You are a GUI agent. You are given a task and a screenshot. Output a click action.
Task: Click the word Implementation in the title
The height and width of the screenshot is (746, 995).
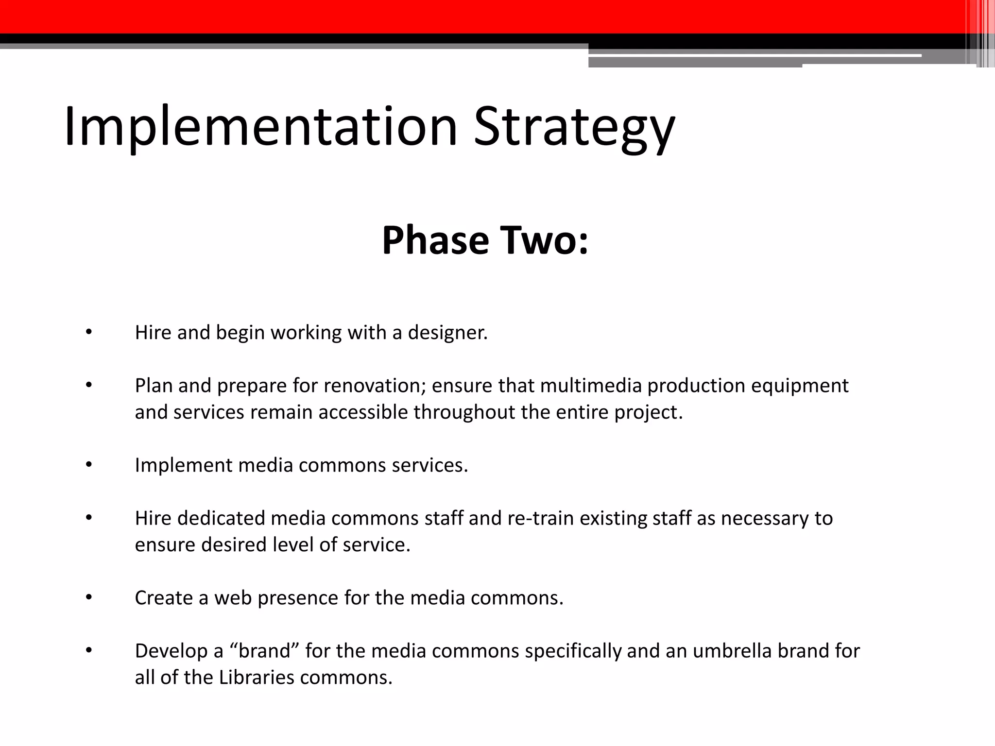(260, 127)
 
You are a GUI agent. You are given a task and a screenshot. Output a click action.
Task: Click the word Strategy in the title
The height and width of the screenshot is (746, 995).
(574, 127)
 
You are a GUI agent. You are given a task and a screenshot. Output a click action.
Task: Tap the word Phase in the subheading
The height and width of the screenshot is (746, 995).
(435, 240)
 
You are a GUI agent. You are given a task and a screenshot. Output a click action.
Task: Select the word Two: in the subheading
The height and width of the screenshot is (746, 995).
(546, 240)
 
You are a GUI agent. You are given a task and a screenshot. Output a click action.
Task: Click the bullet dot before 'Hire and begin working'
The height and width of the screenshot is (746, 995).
(88, 332)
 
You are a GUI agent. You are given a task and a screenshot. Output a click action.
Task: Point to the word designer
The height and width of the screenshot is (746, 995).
(447, 333)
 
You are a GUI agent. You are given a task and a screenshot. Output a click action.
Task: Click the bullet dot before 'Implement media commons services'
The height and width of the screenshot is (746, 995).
(88, 465)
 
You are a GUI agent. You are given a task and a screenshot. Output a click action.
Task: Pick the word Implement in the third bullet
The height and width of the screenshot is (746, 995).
(184, 465)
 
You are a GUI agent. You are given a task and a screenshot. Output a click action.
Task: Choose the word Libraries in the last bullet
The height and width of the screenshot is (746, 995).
(256, 678)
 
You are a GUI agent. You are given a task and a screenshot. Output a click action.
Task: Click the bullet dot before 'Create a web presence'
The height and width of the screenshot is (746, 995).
(88, 597)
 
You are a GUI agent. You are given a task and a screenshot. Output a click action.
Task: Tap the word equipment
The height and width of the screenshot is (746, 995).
(800, 386)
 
